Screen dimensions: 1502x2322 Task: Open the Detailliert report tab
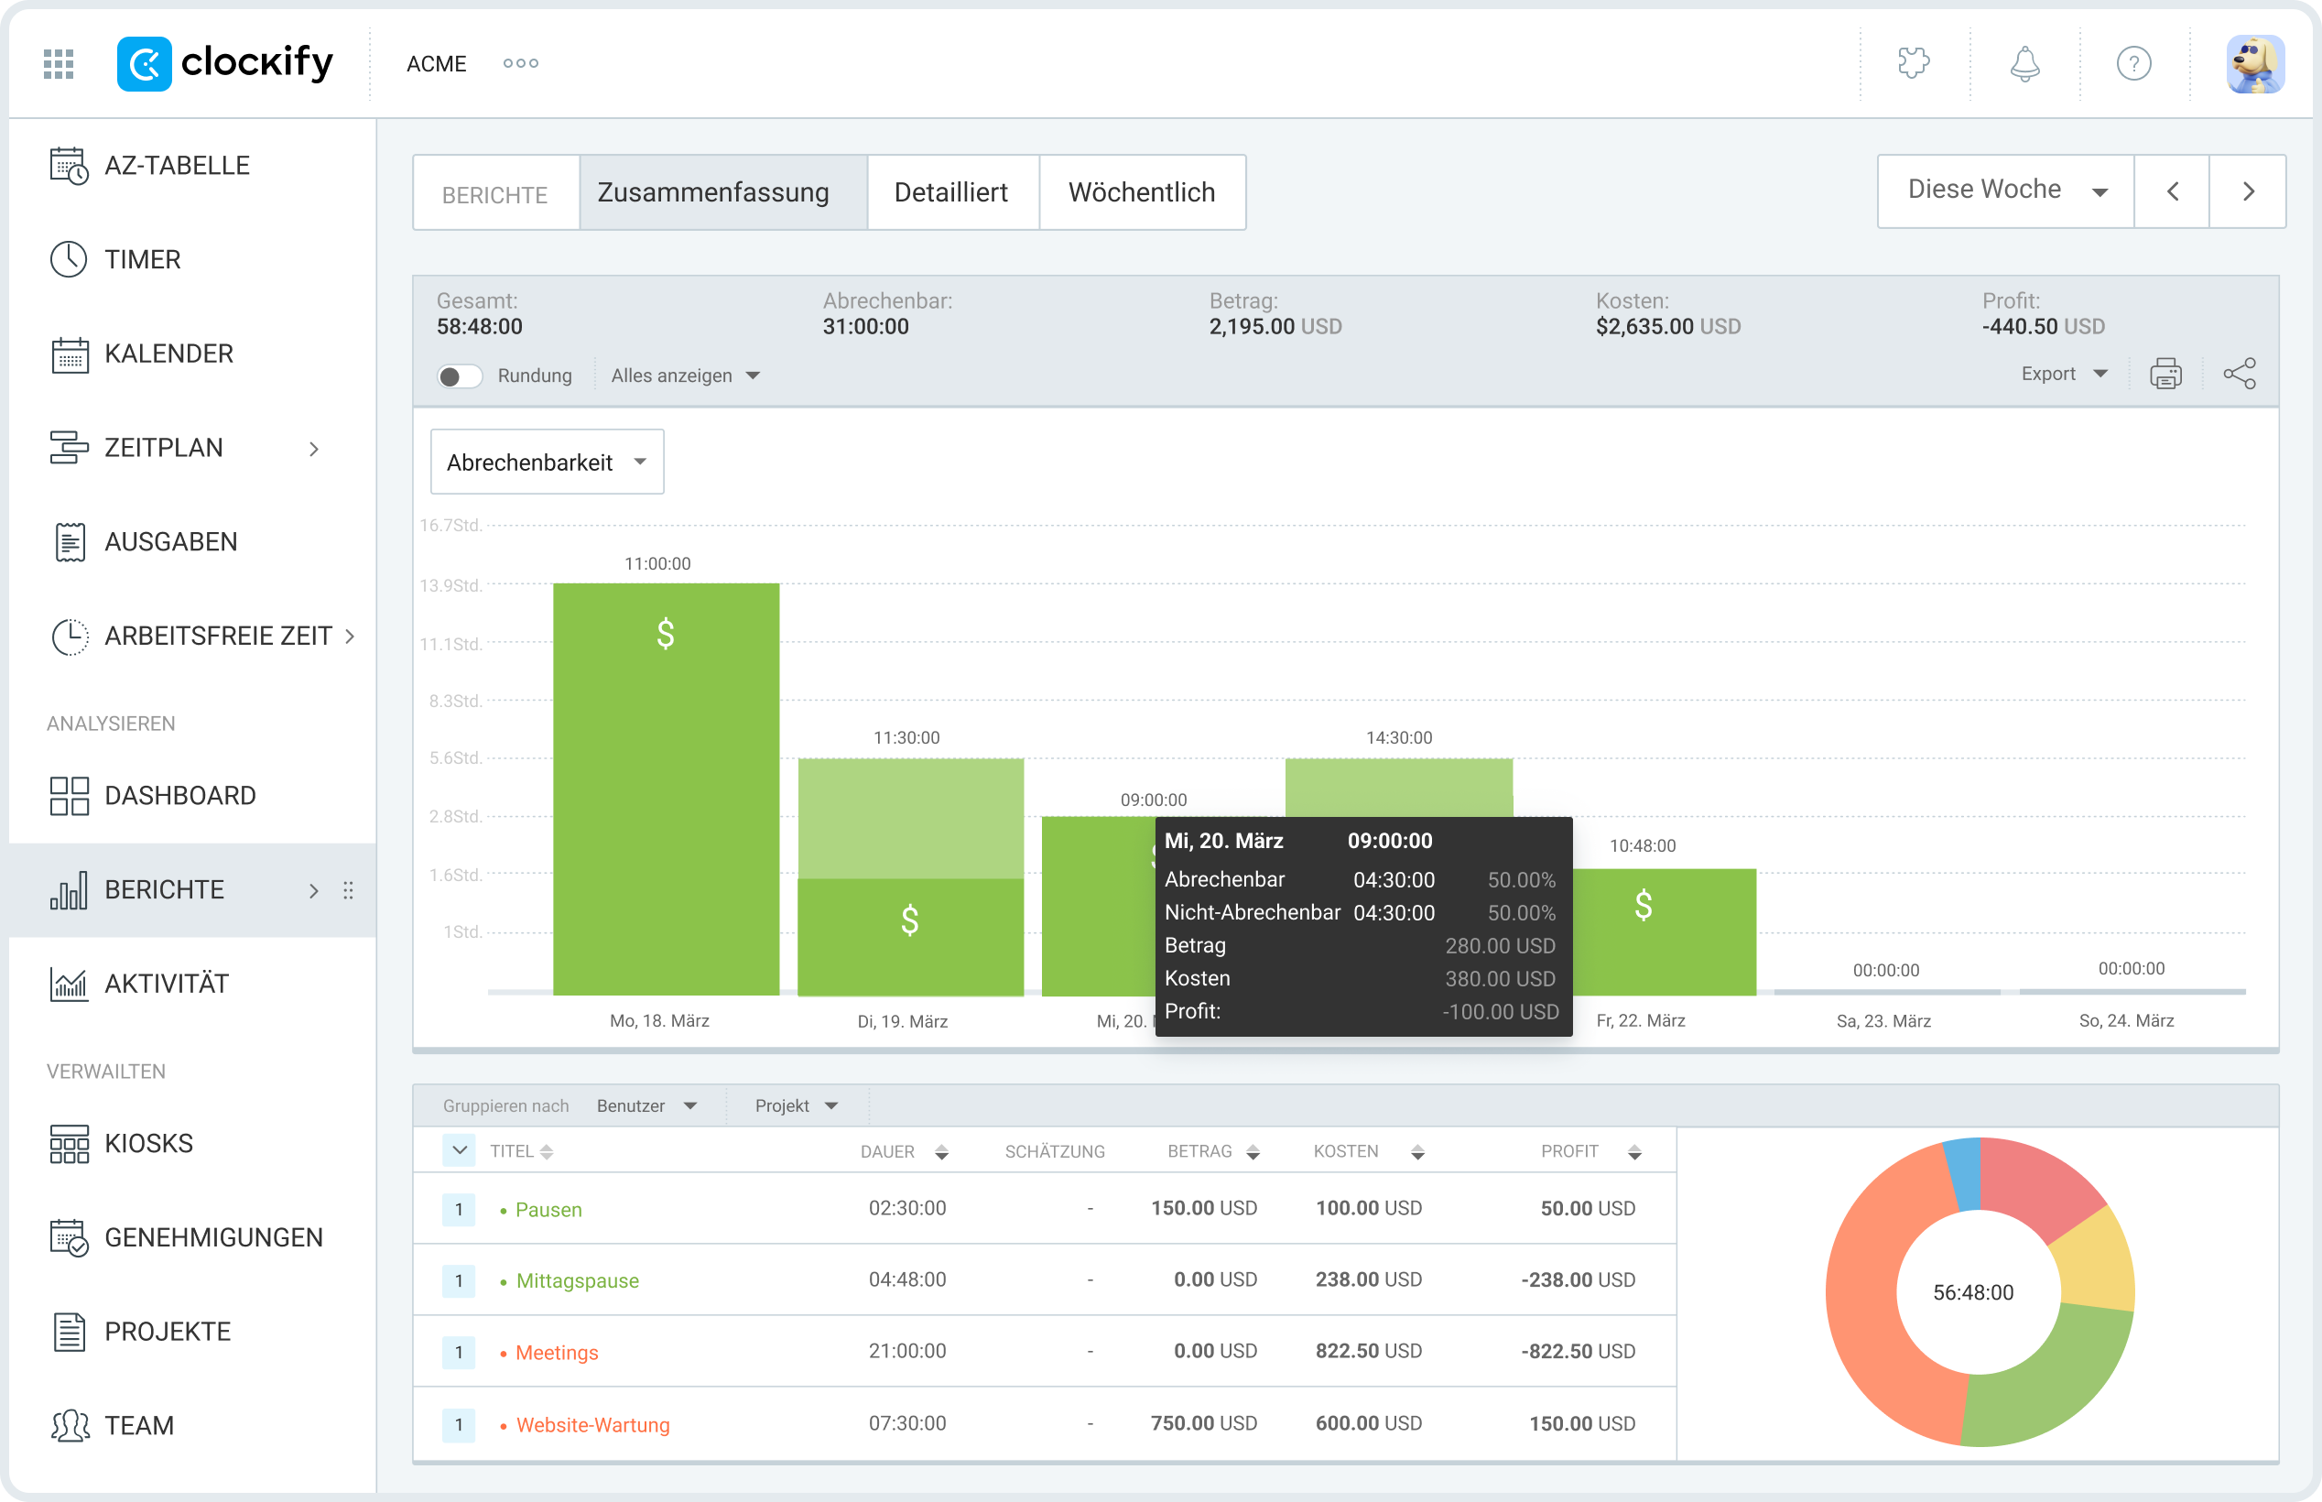951,192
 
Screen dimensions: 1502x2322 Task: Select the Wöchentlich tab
1142,192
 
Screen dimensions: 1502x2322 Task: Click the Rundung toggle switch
459,376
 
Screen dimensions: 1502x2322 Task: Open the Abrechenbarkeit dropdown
546,463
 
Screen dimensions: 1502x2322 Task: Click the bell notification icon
2024,64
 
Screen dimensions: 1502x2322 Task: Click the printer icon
2165,375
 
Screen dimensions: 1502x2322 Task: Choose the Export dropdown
2063,375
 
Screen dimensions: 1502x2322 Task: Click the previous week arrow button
2172,191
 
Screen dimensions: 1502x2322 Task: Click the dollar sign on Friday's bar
1644,906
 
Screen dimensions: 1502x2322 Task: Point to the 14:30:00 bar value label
1399,738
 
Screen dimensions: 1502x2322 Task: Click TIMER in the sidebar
142,259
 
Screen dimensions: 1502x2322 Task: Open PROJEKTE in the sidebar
167,1332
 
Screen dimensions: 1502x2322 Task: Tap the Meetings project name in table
557,1353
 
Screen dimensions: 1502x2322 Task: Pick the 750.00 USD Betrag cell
1203,1424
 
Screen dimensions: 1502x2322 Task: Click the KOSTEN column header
1346,1152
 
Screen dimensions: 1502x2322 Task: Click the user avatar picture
2255,64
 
